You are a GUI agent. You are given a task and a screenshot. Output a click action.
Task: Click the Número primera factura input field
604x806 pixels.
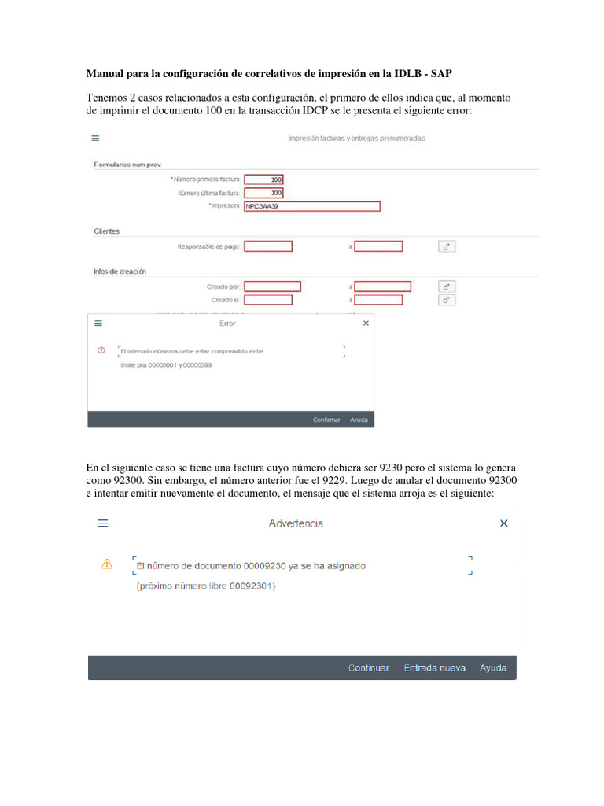[264, 179]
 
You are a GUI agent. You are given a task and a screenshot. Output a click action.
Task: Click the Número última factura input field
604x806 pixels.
[264, 193]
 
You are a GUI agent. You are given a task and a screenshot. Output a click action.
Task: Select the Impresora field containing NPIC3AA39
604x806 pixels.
[312, 206]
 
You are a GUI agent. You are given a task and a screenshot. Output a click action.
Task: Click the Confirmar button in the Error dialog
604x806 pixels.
[326, 420]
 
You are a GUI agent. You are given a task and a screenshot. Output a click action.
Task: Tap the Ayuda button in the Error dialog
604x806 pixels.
[359, 420]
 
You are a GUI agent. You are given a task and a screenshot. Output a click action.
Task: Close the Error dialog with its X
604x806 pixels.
[365, 323]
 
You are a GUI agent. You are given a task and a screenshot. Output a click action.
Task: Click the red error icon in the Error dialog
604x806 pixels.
[101, 350]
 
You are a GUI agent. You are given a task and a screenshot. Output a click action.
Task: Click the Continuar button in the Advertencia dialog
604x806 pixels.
[368, 667]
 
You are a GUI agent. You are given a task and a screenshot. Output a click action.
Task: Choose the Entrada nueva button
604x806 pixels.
[434, 667]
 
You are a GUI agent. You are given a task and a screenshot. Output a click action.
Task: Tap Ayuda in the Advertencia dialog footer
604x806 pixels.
[493, 667]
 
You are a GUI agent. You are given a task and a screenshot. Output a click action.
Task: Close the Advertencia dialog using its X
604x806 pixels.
[504, 523]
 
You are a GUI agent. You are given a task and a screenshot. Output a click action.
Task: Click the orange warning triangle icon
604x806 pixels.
[107, 564]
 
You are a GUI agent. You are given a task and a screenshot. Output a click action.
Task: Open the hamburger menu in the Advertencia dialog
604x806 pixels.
[103, 523]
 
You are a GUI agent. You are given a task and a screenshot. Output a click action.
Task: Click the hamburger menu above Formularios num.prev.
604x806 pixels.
[95, 138]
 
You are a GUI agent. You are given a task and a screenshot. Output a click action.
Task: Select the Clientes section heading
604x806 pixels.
[106, 231]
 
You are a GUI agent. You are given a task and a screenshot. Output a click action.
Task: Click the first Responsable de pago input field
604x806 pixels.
[268, 246]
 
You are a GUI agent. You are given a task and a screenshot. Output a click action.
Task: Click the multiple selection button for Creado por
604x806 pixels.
[447, 287]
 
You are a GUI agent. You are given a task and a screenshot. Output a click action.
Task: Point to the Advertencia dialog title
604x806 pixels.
[296, 523]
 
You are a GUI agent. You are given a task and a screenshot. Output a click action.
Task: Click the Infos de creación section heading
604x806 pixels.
[120, 272]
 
